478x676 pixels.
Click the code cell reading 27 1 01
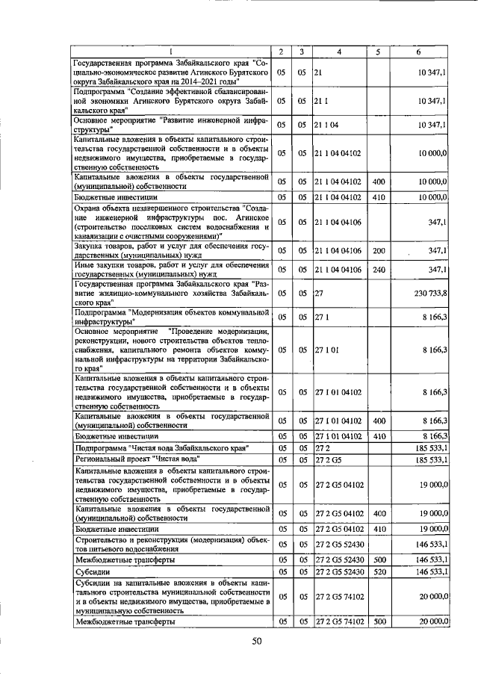[327, 349]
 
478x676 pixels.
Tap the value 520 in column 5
[378, 572]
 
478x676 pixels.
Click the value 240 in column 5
[378, 270]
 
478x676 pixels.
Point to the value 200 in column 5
[378, 250]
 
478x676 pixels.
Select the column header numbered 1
[170, 52]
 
